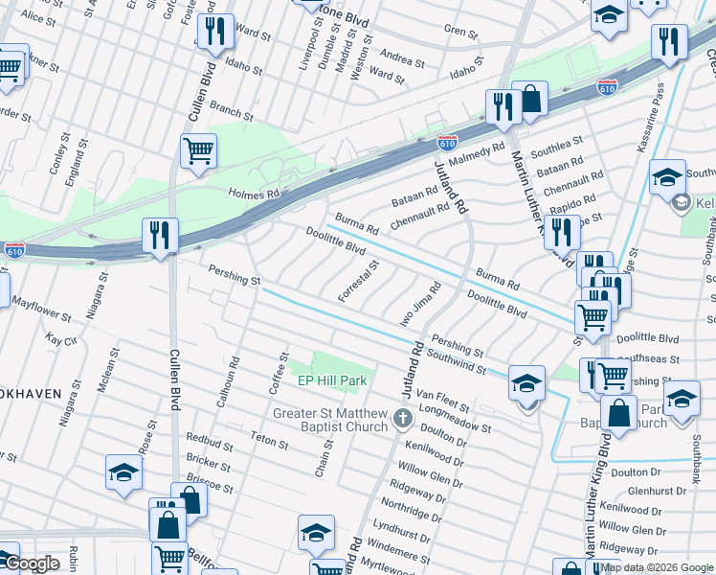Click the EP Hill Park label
[x=332, y=380]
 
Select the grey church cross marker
[x=402, y=418]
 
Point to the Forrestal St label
[x=359, y=281]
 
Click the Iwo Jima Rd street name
[x=422, y=302]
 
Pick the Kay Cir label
[x=60, y=340]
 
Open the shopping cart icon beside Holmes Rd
[x=198, y=149]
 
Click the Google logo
[x=33, y=564]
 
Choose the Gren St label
[x=460, y=32]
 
